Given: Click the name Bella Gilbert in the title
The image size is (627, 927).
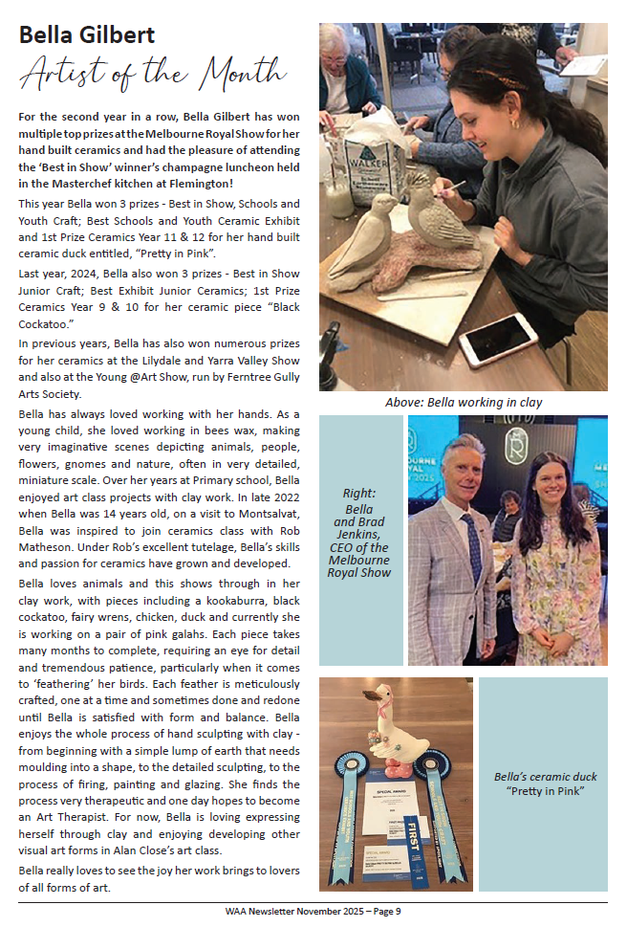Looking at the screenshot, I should click(x=87, y=35).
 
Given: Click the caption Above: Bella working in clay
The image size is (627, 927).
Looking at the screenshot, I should click(x=464, y=402).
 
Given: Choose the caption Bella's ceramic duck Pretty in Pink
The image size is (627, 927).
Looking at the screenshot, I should click(x=544, y=784).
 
